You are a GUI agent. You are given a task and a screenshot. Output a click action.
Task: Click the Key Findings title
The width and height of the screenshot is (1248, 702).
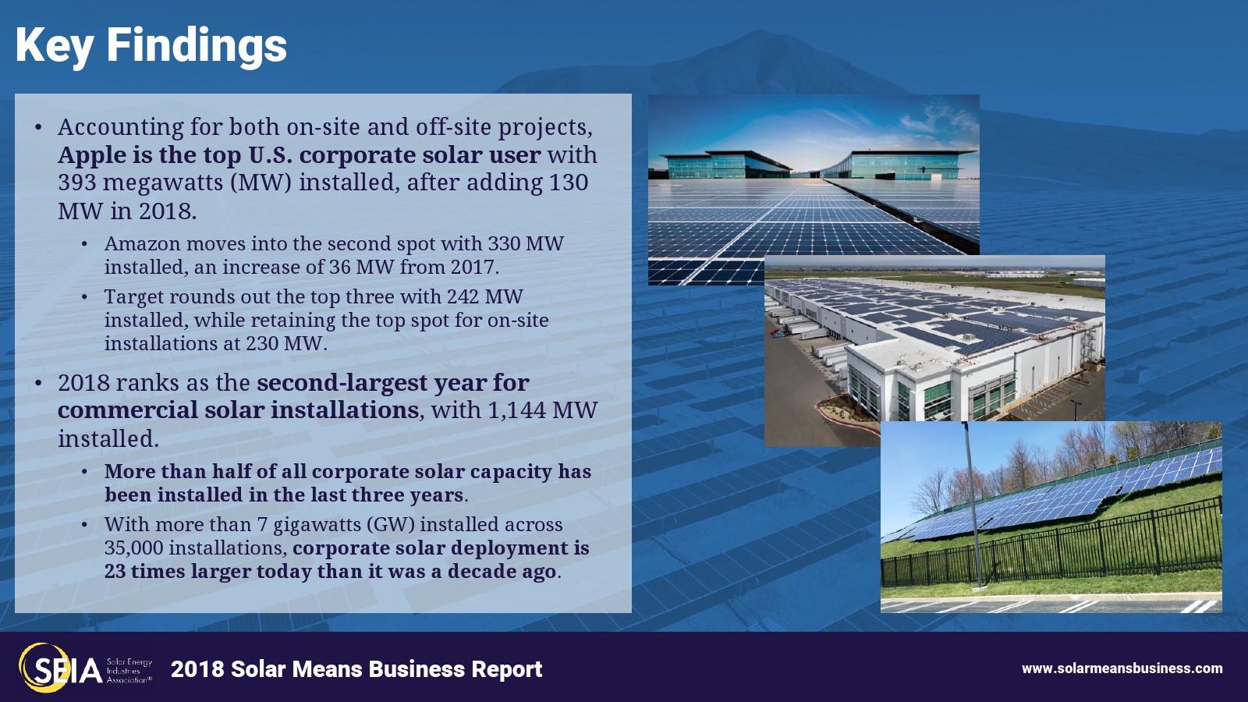tap(151, 46)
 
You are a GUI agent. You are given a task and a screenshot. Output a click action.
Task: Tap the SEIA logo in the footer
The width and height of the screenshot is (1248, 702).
tap(85, 668)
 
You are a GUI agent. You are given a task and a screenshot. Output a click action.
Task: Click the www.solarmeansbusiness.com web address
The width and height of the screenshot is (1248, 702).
tap(1122, 668)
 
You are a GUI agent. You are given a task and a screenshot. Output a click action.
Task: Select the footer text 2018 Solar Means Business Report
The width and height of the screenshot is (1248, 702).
tap(356, 669)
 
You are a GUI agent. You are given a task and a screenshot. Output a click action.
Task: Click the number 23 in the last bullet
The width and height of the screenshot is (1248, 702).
tap(114, 572)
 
